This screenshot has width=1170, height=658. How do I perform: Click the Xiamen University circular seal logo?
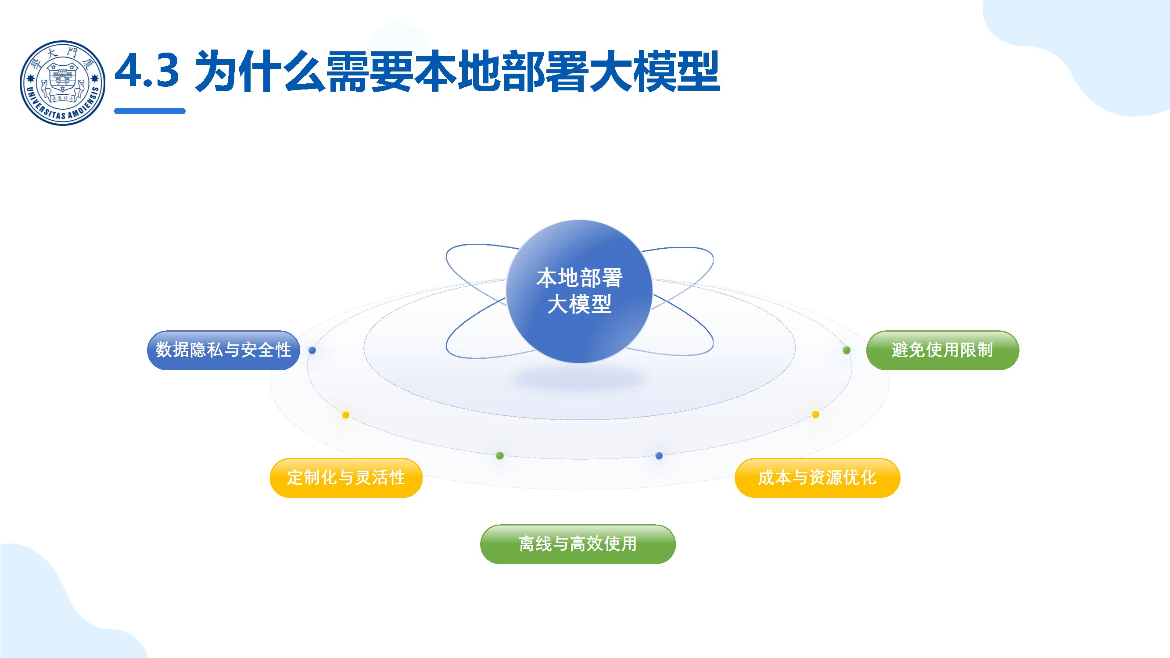point(63,83)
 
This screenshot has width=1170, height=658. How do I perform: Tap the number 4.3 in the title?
point(147,71)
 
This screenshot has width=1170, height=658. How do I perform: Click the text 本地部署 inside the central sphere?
point(579,278)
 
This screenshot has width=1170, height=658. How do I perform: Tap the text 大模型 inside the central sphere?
point(579,304)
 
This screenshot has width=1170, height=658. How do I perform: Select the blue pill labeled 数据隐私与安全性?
point(223,350)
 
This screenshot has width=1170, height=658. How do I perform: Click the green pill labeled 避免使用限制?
point(942,350)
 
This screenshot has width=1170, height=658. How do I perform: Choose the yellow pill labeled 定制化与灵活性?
point(346,478)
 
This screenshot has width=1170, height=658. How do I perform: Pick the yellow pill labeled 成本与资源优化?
point(817,478)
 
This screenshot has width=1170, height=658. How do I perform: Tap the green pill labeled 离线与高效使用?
point(577,544)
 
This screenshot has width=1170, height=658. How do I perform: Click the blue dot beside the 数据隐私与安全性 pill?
point(312,350)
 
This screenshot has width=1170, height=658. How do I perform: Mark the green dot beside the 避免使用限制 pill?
point(847,350)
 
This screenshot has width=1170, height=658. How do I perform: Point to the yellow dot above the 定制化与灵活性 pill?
point(346,415)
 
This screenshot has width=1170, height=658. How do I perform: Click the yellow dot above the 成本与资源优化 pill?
point(815,414)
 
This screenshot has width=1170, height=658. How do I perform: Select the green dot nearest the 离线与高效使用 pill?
point(499,455)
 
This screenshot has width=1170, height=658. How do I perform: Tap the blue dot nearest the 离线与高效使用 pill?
point(659,455)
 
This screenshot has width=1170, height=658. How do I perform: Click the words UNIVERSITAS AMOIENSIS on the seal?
point(63,111)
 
